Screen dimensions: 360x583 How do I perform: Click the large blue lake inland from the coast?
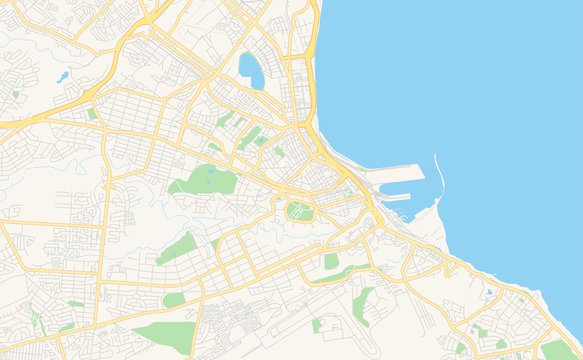point(250,70)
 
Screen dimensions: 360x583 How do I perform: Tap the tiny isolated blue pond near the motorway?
point(62,76)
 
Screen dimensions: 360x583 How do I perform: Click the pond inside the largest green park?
point(210,171)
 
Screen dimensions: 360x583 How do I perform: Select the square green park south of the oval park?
point(331,261)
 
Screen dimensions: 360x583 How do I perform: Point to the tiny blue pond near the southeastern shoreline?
point(487,293)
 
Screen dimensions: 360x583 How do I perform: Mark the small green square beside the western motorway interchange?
point(92,114)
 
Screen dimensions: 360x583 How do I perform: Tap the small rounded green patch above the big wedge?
point(174,300)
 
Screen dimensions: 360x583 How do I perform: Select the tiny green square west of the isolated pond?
point(16,95)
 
